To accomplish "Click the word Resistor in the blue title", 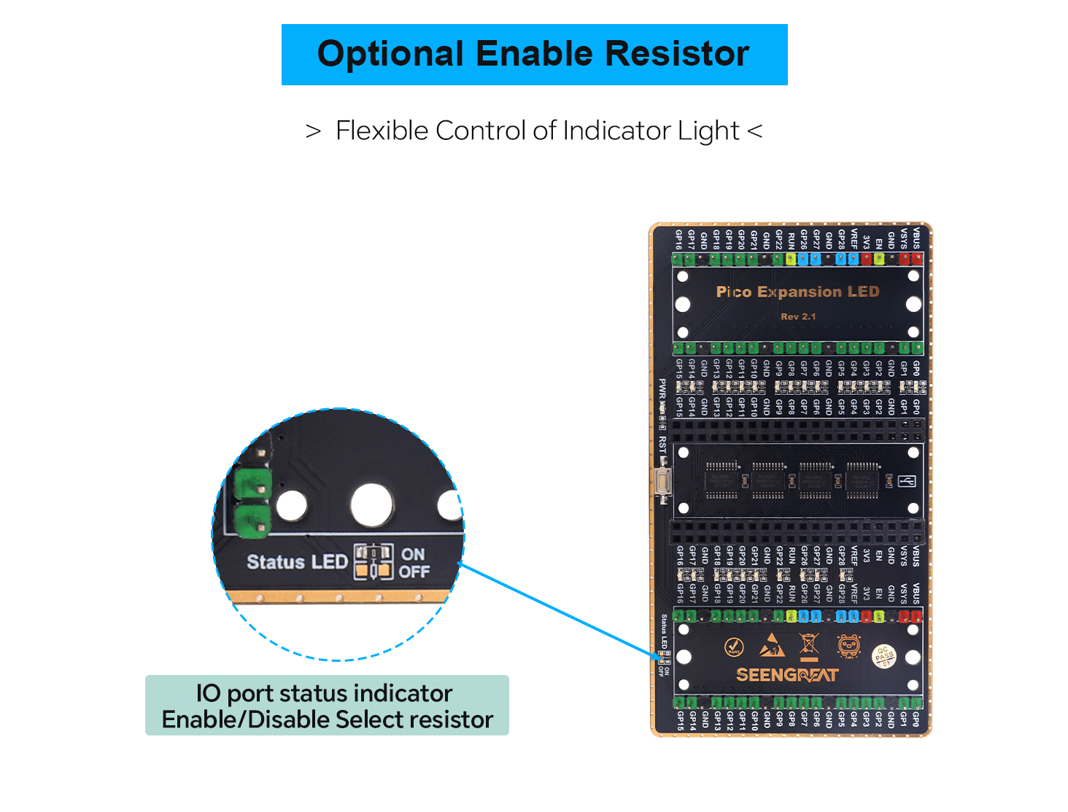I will [x=676, y=54].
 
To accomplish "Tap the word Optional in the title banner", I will [x=390, y=54].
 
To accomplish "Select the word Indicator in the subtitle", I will [x=616, y=130].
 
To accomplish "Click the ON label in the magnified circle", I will [x=413, y=554].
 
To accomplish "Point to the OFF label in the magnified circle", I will [x=414, y=572].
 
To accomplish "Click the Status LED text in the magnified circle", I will [x=297, y=562].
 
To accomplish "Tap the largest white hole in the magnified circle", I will [x=372, y=504].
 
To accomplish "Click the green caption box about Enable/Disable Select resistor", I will [x=327, y=706].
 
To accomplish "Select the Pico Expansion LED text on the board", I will [x=797, y=292].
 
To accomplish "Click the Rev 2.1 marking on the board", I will [x=798, y=316].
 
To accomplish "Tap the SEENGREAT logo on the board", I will [x=787, y=675].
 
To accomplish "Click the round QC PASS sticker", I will [x=884, y=655].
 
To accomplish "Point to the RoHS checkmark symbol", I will [x=734, y=647].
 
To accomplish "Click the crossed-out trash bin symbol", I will [x=809, y=645].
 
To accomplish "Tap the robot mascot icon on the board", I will [x=848, y=646].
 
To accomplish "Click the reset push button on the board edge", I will [x=662, y=483].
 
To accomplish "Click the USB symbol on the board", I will [x=907, y=481].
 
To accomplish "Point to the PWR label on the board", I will [x=662, y=390].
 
